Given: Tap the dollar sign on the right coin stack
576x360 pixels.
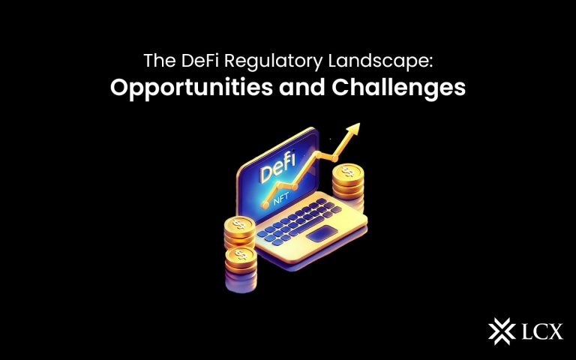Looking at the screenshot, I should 346,172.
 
